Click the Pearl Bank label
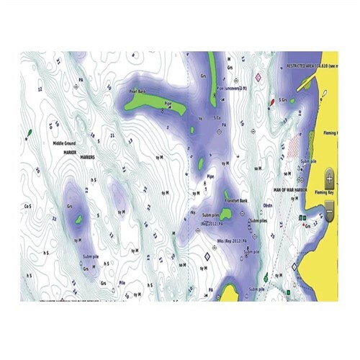[x=137, y=92]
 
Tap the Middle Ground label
[x=69, y=143]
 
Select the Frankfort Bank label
[x=235, y=199]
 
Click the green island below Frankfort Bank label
[x=225, y=213]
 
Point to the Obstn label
[x=267, y=204]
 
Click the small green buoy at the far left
[x=28, y=133]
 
